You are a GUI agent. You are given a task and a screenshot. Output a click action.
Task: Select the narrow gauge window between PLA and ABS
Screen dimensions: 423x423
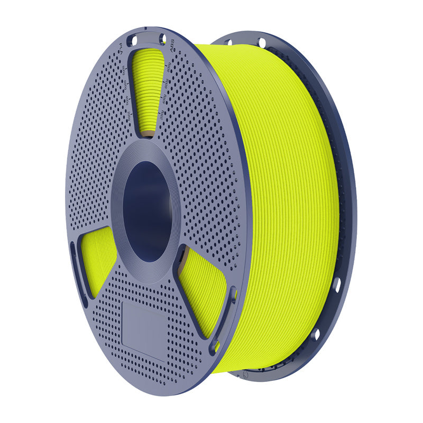coord(148,90)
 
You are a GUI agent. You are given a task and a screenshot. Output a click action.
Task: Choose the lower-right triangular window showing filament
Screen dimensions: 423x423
coord(204,288)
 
